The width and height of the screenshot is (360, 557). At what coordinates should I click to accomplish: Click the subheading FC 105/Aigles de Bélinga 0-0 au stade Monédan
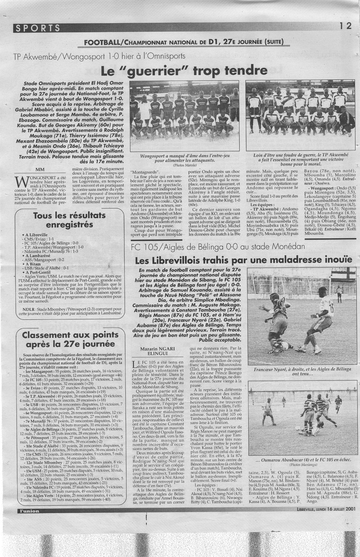click(x=218, y=246)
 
